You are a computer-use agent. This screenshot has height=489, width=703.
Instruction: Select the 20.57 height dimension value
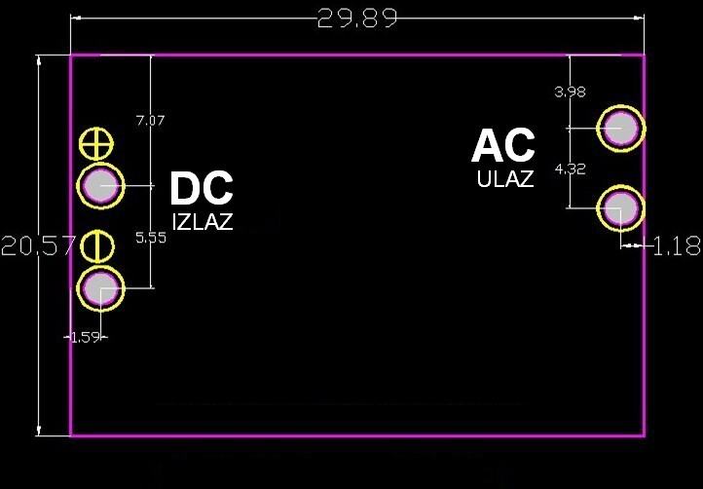click(x=37, y=246)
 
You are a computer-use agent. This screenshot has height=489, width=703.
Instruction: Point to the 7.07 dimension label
click(x=150, y=121)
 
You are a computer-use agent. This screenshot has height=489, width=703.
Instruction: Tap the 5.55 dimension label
click(x=150, y=238)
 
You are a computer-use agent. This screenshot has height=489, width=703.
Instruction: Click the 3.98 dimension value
click(x=570, y=93)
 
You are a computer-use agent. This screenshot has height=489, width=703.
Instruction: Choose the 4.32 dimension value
click(x=570, y=169)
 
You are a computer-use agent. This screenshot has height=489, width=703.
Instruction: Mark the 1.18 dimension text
click(x=677, y=247)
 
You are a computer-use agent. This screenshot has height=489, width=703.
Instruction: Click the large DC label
click(x=202, y=189)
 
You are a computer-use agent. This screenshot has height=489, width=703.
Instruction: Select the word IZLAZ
click(x=203, y=222)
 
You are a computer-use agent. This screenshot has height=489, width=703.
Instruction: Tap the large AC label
click(x=503, y=147)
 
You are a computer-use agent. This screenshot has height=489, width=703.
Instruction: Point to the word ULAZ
click(x=505, y=180)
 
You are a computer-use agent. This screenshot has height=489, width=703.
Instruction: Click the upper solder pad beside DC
click(x=101, y=185)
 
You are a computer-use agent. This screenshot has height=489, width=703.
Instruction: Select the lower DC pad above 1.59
click(x=101, y=288)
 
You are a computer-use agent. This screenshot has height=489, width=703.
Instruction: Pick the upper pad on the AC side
click(x=620, y=128)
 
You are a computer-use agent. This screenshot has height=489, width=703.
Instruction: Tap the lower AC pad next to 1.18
click(x=620, y=207)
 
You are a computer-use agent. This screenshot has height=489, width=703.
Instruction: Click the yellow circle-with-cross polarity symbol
click(x=95, y=144)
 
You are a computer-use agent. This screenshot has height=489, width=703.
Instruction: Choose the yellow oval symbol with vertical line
click(x=97, y=245)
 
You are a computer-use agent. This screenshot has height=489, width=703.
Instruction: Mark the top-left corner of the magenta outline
click(x=71, y=56)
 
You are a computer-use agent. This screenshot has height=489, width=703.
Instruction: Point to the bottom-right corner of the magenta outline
click(x=644, y=434)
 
